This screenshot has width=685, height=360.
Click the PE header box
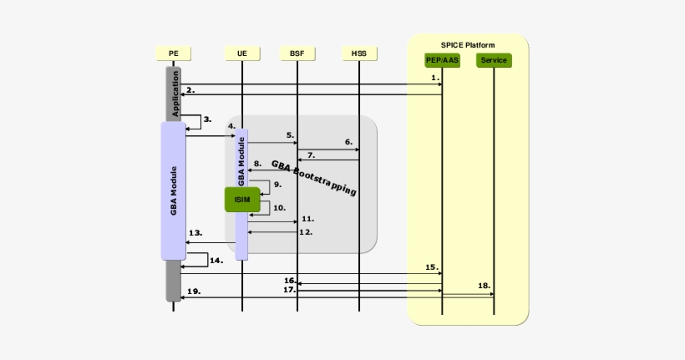tap(173, 53)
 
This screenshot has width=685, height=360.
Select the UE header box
tap(241, 53)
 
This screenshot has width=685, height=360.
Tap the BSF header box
tap(297, 53)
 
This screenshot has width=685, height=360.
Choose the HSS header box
tap(358, 53)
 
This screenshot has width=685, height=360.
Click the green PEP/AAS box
tap(442, 60)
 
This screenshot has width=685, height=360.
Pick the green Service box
tap(493, 60)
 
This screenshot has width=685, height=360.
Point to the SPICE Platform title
tap(468, 44)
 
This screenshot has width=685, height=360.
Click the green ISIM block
tap(242, 199)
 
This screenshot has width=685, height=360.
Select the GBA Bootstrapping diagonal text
tap(314, 178)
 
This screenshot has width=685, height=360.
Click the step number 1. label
tap(435, 77)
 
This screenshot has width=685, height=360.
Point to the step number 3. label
tap(207, 119)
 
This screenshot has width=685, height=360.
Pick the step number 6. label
tap(348, 142)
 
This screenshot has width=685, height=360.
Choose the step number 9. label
tap(277, 183)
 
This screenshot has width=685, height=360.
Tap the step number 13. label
tap(196, 232)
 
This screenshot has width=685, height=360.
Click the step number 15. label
tap(431, 266)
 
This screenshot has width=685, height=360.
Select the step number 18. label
tap(484, 285)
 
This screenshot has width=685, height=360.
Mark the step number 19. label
tap(194, 291)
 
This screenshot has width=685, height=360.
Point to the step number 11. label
tap(307, 218)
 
